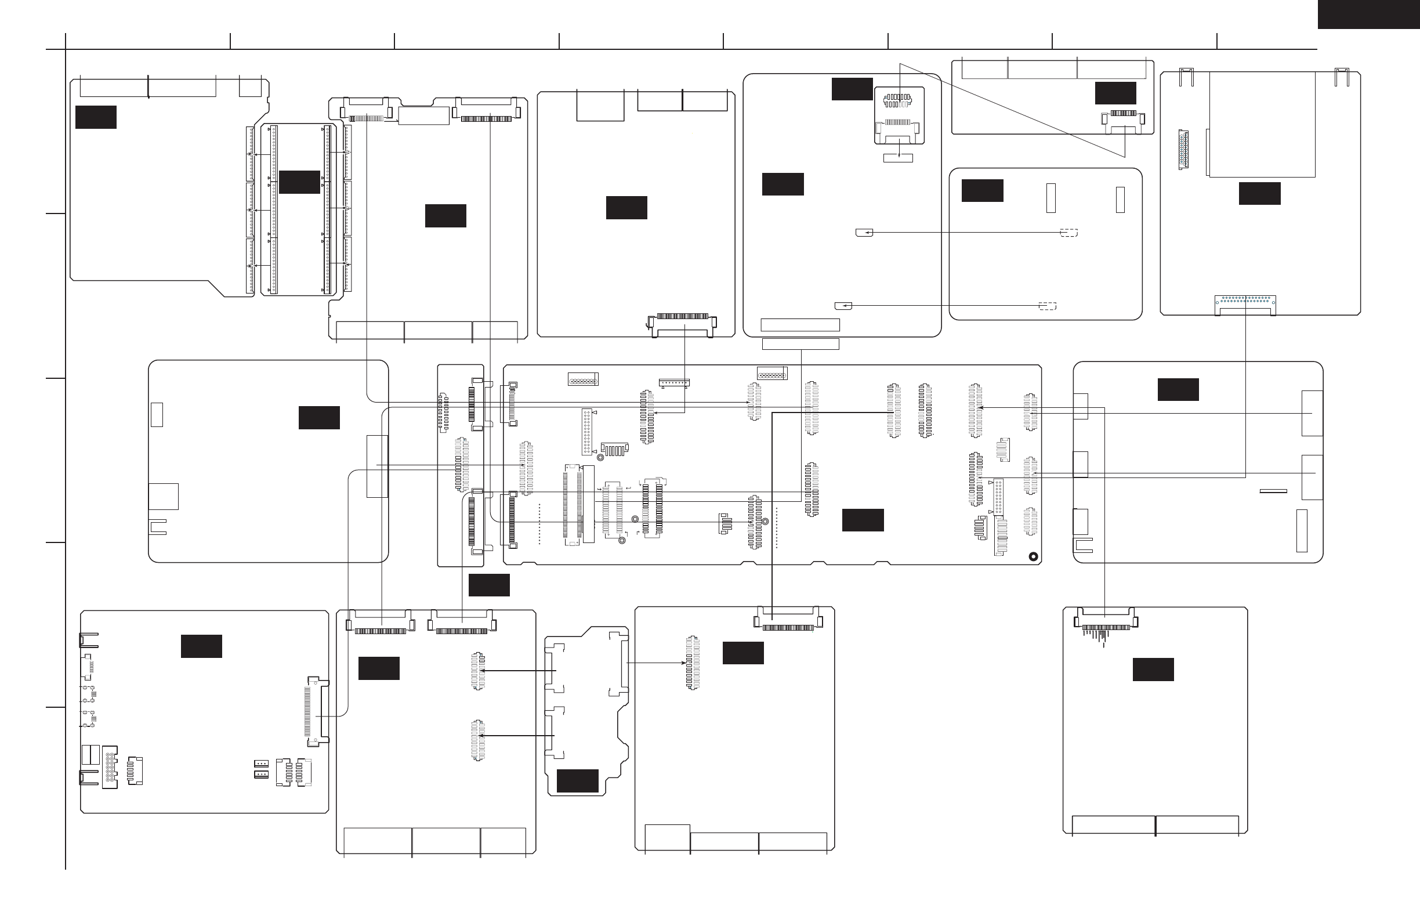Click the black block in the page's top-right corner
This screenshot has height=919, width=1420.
point(1368,14)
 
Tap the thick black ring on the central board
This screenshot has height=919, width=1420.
point(1033,557)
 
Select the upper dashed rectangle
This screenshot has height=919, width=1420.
point(1068,233)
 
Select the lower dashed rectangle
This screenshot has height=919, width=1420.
point(1047,306)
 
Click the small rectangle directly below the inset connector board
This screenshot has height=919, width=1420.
point(897,158)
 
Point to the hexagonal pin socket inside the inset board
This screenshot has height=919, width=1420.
point(897,100)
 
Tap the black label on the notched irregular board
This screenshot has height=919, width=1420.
point(577,780)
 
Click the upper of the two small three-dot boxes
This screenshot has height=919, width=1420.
point(260,764)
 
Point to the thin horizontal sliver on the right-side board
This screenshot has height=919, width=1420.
point(1273,491)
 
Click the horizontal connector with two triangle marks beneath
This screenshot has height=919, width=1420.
point(673,382)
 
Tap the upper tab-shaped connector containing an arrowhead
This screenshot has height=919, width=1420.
point(864,233)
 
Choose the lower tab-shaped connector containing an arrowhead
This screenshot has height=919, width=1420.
point(843,306)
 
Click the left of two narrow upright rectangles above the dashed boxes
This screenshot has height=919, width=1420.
point(1050,198)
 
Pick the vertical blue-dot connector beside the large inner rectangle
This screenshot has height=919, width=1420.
point(1183,149)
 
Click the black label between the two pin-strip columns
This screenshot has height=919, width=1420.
point(299,182)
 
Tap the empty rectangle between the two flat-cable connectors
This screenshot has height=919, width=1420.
point(423,116)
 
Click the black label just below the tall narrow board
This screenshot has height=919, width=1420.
point(488,585)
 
